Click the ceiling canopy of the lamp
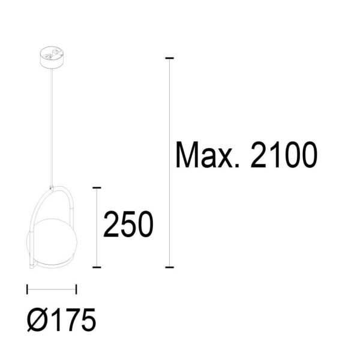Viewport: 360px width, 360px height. tap(52, 58)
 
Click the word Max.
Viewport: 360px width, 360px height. tap(208, 155)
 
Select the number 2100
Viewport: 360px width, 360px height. tap(284, 155)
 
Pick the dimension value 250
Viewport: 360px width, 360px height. tap(128, 224)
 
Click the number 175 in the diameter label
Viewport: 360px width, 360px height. tap(74, 320)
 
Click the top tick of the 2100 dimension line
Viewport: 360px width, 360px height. tap(169, 58)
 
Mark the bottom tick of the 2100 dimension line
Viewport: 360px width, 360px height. tap(169, 267)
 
